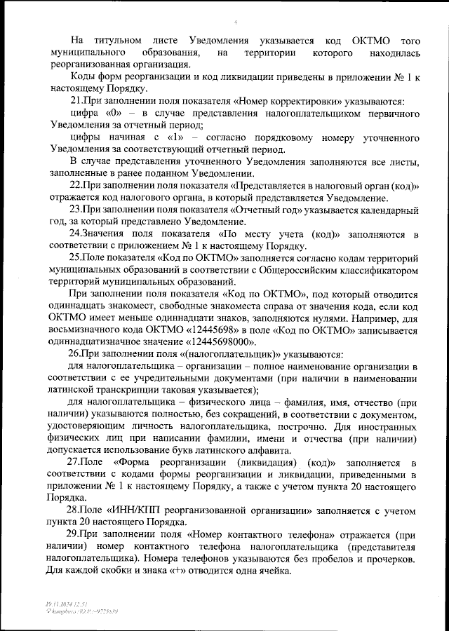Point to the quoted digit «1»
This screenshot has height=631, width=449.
click(x=166, y=138)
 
